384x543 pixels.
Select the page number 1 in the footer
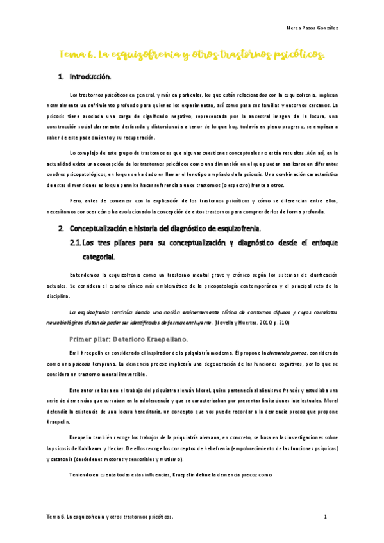326,516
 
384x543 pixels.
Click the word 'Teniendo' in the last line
83,474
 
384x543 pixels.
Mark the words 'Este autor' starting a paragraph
81,390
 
